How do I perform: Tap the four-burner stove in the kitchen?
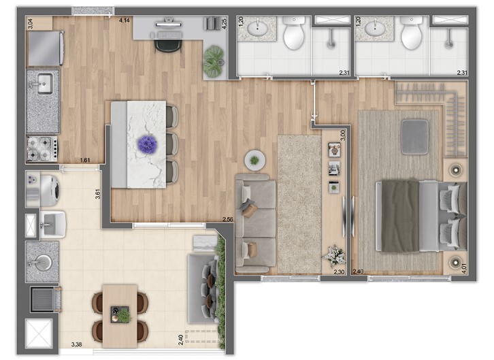coord(42,146)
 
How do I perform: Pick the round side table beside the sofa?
coord(255,160)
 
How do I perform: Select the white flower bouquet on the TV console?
coord(335,255)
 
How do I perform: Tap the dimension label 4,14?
coord(125,21)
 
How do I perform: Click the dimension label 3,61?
coord(99,193)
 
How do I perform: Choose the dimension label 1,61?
coord(85,160)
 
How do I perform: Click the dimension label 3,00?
coord(343,135)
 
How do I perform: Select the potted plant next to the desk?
coord(214,60)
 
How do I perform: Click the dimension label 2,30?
coord(339,272)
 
